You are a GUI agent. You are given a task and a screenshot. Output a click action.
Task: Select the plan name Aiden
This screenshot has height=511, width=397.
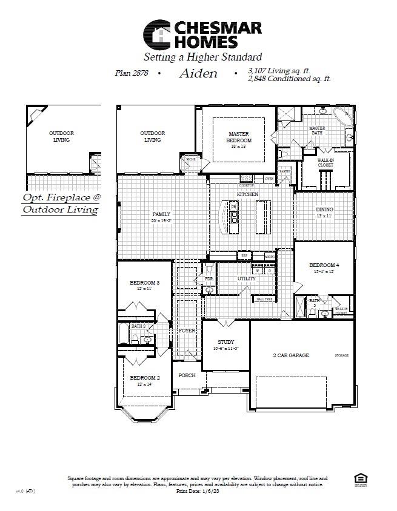[198, 74]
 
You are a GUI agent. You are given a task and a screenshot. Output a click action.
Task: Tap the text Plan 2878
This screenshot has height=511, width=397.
[132, 74]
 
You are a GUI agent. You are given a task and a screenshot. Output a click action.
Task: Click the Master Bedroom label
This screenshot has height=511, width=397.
[239, 137]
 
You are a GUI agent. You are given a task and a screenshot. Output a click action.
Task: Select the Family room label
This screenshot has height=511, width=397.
[161, 214]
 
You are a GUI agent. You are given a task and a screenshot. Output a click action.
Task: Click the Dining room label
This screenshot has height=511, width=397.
[324, 210]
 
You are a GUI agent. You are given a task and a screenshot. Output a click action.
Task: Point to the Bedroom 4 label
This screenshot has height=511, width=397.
[324, 265]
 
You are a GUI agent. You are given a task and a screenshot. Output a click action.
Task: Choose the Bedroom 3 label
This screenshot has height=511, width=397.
[144, 283]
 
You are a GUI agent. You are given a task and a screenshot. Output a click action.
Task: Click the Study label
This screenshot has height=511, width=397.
[225, 343]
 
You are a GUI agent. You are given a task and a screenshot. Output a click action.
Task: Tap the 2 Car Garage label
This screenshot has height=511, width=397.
[290, 355]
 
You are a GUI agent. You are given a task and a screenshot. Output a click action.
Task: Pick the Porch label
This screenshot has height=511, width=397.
[187, 375]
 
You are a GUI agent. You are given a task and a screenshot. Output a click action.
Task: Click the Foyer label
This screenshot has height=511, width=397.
[187, 331]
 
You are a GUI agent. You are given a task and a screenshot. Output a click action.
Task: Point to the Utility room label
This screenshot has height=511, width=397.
[246, 279]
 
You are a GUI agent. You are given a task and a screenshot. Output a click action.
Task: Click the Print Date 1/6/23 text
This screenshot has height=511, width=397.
[197, 492]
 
